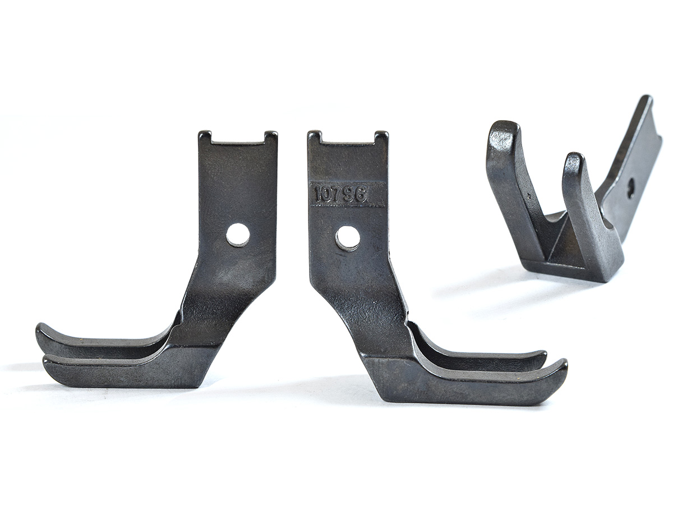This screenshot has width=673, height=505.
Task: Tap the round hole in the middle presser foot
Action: (x=347, y=237)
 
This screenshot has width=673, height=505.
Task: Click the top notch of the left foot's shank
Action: (x=237, y=137)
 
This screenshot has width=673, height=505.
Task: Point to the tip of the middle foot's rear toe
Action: (x=542, y=357)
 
